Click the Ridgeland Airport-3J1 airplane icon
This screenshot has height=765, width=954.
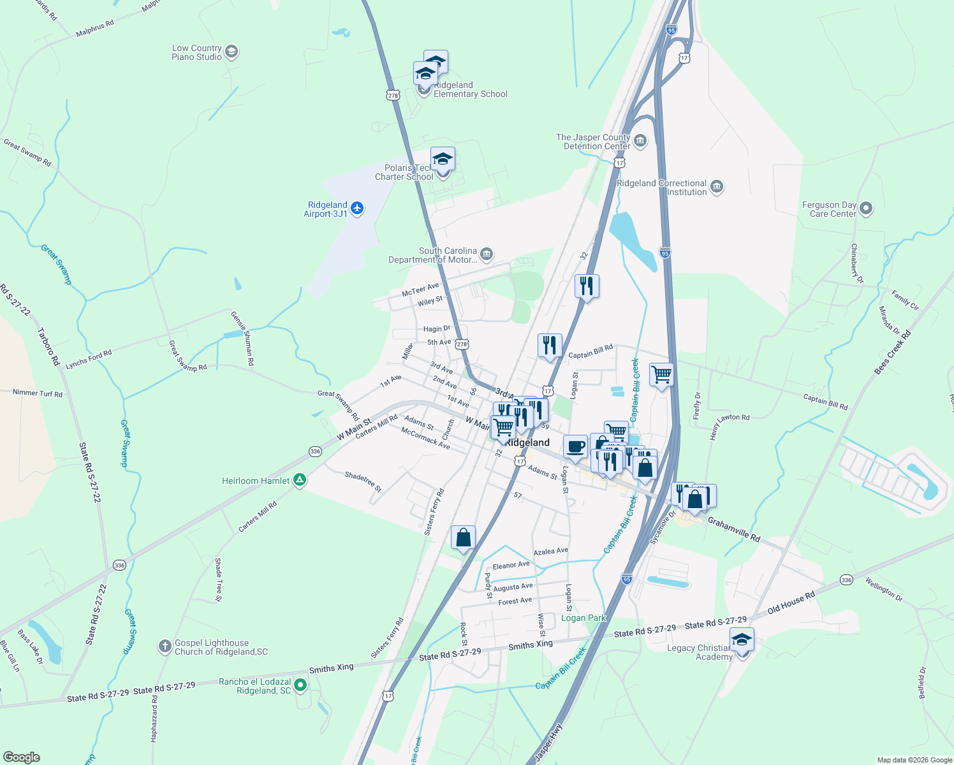357,208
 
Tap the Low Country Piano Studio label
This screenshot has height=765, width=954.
196,52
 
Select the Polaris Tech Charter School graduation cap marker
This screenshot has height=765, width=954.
443,159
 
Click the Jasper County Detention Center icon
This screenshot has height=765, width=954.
640,141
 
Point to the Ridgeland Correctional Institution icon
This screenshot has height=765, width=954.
716,187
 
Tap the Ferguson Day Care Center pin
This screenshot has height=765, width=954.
865,208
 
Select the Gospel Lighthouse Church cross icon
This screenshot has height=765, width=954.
165,647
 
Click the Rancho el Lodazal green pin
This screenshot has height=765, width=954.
300,686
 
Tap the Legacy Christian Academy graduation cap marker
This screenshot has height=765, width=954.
742,639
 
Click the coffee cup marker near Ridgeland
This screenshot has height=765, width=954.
575,447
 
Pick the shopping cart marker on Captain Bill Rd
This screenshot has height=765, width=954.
661,375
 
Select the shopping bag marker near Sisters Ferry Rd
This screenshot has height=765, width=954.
463,537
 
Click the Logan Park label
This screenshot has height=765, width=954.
583,618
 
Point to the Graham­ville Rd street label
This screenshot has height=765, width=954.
733,530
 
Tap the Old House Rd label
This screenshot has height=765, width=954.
791,602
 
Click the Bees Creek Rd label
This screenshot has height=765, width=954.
892,352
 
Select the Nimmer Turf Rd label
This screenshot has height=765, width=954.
38,393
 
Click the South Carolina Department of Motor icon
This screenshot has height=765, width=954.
486,255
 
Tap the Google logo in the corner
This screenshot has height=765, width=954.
21,757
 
